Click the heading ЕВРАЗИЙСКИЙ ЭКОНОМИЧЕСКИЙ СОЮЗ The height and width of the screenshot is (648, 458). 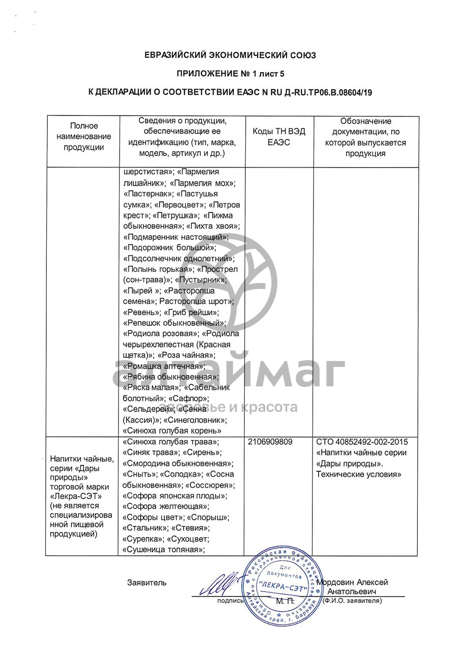point(230,55)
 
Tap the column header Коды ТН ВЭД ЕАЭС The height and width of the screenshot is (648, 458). point(279,137)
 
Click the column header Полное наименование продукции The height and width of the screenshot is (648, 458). point(84,136)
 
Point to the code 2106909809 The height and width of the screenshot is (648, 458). point(270,442)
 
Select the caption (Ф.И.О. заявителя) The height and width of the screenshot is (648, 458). point(352,601)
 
